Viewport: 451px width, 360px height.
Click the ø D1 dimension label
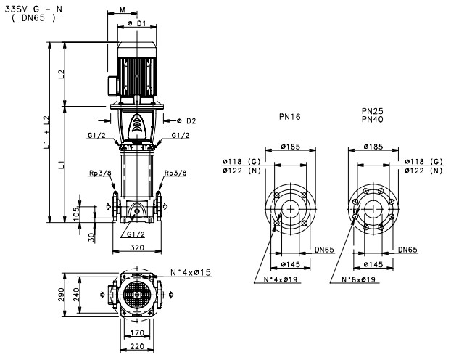point(137,23)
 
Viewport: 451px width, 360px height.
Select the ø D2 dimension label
point(186,120)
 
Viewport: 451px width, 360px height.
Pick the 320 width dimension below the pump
point(136,247)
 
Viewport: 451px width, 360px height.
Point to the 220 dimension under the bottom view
point(136,347)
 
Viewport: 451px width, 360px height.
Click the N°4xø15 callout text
point(190,273)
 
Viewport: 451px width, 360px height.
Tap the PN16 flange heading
point(289,116)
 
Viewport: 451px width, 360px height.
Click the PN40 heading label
point(373,119)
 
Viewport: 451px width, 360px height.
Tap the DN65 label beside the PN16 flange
point(325,249)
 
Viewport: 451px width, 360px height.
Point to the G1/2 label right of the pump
point(181,136)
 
